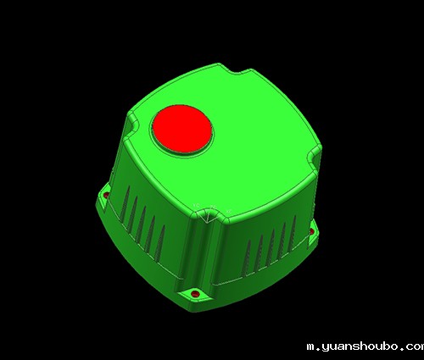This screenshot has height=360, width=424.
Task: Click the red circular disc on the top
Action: coord(182,129)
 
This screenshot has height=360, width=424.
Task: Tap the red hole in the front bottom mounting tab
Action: coord(195,294)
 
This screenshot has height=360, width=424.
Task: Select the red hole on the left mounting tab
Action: coord(106,195)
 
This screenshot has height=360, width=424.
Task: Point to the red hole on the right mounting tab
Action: coord(312,231)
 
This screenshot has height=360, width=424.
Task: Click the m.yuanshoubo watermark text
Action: coord(365,346)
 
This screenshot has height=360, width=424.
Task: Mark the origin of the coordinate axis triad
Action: coord(208,221)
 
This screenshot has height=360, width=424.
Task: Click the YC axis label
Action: coord(196,205)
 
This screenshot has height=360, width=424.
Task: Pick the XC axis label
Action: coord(229,211)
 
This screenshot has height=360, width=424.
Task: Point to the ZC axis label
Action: coord(213,208)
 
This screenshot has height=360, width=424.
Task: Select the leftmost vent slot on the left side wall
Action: coord(125,203)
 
